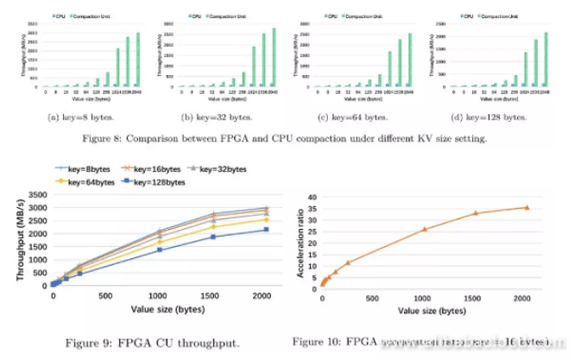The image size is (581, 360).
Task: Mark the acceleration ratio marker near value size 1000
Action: point(424,229)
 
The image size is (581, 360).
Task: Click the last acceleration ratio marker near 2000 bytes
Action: point(527,207)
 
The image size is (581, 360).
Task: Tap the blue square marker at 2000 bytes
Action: point(265,230)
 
